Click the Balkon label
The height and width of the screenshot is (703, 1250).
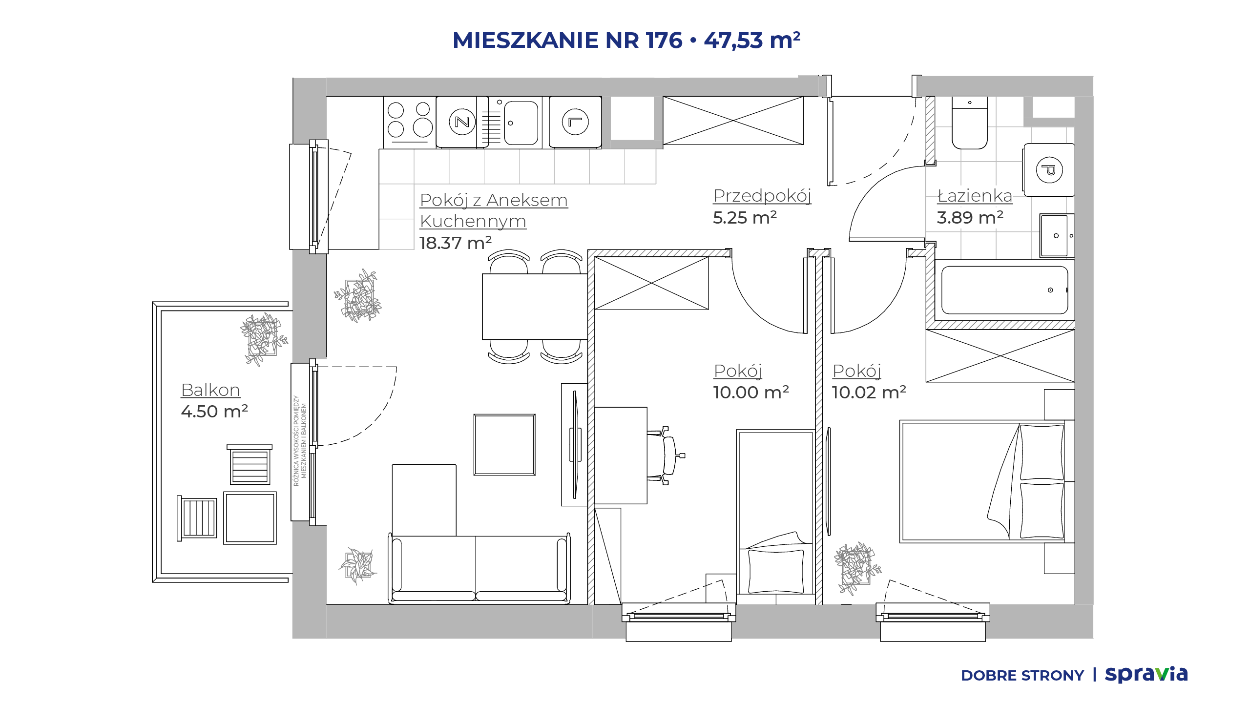210,390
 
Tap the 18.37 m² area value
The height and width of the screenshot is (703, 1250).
455,243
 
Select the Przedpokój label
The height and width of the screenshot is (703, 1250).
762,196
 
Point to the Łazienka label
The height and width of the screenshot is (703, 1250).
975,196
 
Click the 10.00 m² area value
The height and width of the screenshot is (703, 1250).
751,392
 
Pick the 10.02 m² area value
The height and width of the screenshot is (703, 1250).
869,392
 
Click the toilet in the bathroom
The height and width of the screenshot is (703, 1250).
970,123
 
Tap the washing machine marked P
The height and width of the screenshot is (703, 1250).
1049,170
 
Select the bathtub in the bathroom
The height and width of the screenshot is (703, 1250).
1004,290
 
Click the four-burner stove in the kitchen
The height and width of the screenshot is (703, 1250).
409,122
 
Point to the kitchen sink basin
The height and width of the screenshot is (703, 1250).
521,123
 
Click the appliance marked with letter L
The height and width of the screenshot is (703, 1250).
575,122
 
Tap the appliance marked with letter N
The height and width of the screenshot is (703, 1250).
462,122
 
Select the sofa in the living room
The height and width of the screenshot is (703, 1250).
479,569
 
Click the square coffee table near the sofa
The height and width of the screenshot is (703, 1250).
504,445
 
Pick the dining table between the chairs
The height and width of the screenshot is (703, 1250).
535,307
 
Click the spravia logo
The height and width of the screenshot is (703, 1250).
1146,675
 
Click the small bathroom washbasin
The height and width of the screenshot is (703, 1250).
1057,235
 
